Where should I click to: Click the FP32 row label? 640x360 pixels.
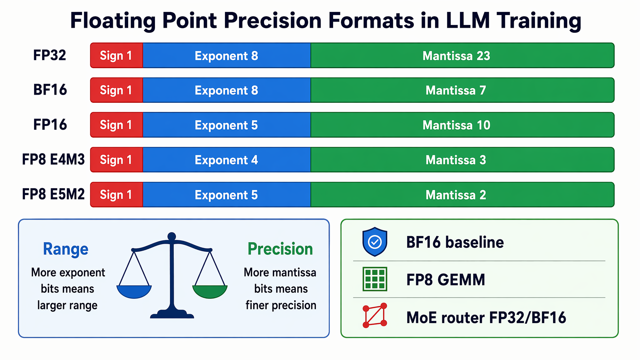[x=50, y=55]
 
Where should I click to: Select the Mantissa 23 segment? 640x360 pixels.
[x=462, y=55]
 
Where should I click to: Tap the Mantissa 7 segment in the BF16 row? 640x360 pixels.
[x=462, y=90]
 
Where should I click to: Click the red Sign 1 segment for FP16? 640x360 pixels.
[x=117, y=125]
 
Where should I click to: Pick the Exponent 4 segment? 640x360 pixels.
[x=227, y=160]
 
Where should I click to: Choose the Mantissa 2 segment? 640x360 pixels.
[x=462, y=195]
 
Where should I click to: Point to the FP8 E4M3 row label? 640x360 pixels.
[x=53, y=160]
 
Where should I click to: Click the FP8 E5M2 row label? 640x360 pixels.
[x=53, y=194]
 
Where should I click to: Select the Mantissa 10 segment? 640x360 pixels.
[x=462, y=125]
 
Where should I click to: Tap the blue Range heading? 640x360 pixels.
[x=66, y=249]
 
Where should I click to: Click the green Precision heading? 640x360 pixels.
[x=280, y=249]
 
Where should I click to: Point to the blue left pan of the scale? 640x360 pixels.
[x=134, y=292]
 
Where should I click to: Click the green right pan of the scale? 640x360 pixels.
[x=210, y=292]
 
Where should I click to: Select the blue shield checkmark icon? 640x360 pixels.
[x=375, y=242]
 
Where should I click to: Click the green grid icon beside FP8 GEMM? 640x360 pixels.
[x=375, y=279]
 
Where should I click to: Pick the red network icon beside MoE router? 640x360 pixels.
[x=375, y=315]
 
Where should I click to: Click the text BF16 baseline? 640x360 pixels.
[x=455, y=242]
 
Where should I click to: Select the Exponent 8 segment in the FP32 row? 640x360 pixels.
[x=227, y=55]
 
